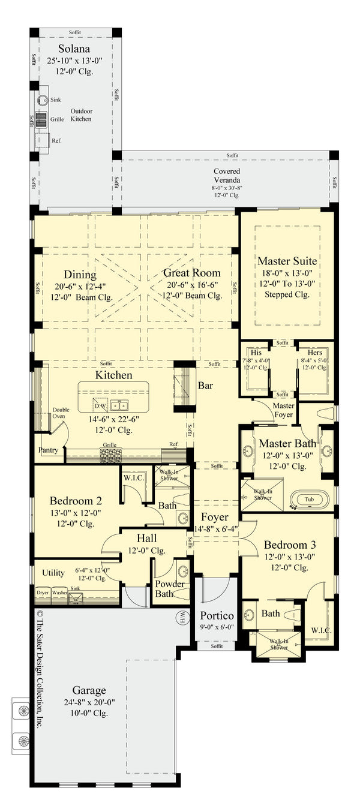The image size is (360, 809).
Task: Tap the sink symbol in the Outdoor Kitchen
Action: click(42, 101)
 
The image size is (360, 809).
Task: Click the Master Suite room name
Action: click(287, 261)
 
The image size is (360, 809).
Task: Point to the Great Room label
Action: click(192, 273)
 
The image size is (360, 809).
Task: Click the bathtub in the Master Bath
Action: click(308, 499)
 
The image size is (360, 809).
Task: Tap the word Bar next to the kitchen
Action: click(205, 386)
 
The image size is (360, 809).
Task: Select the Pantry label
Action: click(48, 450)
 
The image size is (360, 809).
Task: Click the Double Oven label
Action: click(61, 413)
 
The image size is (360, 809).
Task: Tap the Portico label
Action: click(216, 616)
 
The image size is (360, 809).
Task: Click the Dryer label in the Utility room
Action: click(42, 592)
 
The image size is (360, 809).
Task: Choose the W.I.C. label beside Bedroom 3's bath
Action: click(321, 630)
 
